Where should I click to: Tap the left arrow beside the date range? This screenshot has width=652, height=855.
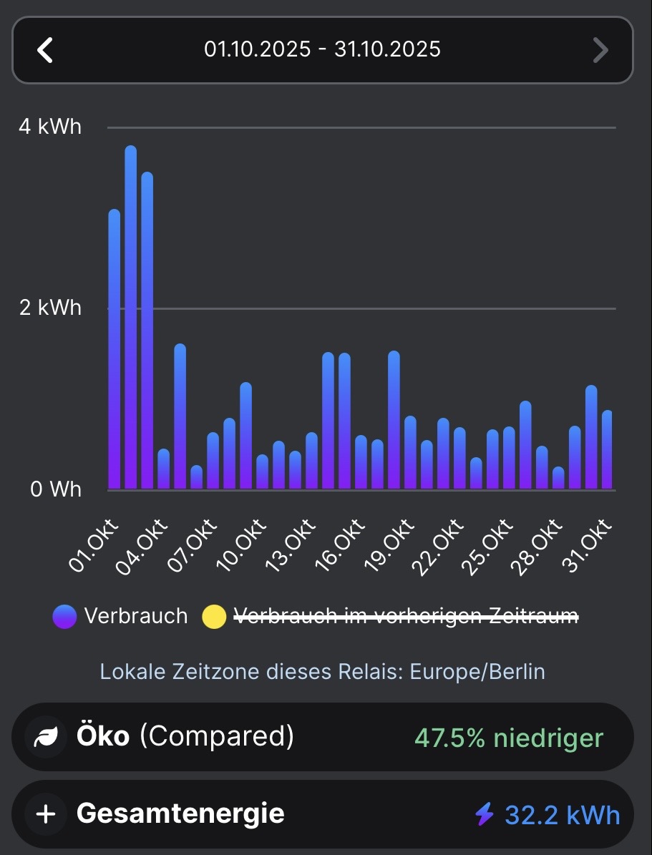click(45, 50)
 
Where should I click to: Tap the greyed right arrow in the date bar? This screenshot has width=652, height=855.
click(600, 50)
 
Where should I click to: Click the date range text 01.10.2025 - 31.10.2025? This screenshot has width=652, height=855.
click(322, 49)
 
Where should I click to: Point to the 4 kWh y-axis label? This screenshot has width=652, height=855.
click(50, 127)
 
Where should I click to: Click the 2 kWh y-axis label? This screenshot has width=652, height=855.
click(50, 308)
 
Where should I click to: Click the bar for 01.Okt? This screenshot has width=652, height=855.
click(115, 351)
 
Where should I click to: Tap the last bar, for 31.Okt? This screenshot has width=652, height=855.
click(608, 451)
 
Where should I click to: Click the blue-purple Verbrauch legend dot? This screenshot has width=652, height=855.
click(64, 616)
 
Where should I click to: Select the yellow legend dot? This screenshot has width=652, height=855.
click(214, 616)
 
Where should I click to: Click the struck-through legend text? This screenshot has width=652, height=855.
click(406, 616)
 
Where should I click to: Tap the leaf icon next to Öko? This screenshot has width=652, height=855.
click(47, 737)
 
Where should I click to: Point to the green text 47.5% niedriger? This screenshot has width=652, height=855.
click(509, 738)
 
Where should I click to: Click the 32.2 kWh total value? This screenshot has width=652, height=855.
click(563, 814)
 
